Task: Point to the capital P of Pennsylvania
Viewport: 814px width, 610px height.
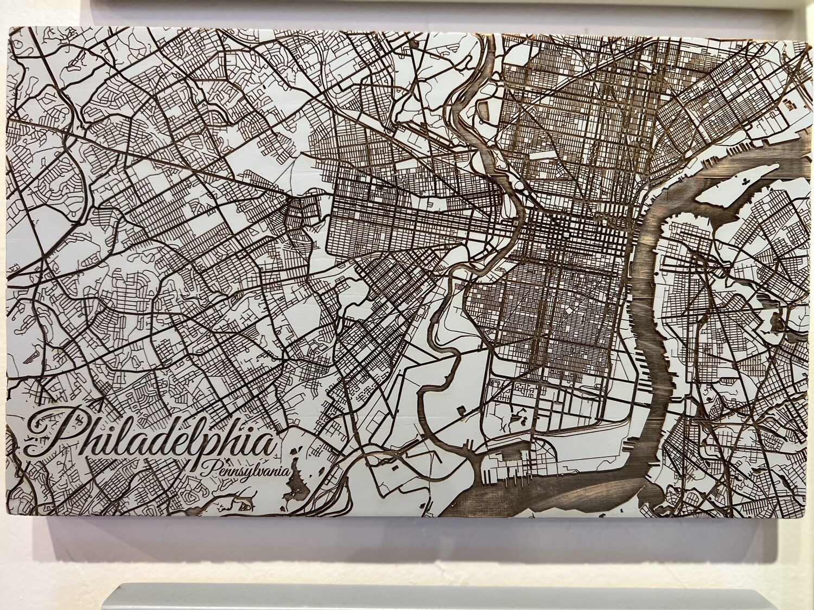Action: (208, 467)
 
